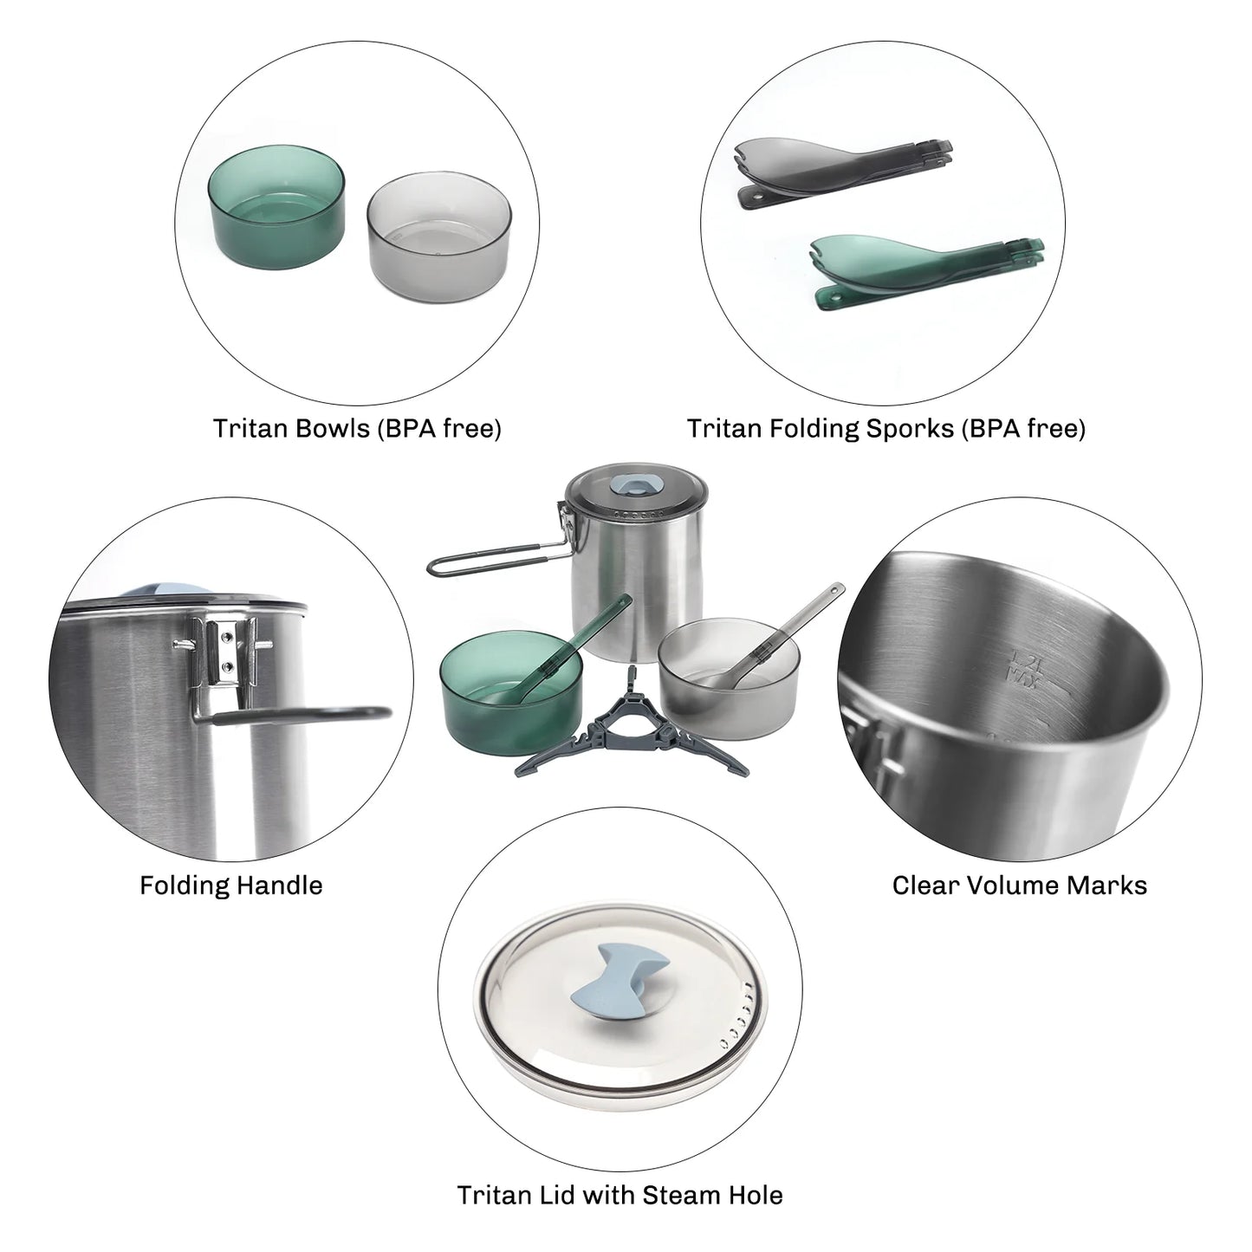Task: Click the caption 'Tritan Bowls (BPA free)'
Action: point(357,428)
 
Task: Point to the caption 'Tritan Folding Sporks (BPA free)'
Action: point(885,428)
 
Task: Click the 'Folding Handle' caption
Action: point(231,885)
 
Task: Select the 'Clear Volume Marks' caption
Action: point(1019,885)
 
